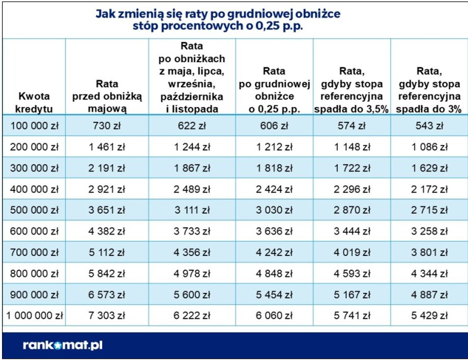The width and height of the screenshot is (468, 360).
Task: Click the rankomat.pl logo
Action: coord(63,345)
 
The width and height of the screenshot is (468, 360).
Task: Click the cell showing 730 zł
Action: coord(107,127)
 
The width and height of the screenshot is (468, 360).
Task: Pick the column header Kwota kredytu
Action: coord(34,102)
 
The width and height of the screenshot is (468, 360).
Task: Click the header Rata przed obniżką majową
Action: coord(107,96)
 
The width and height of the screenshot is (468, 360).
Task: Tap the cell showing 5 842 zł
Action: coord(107,274)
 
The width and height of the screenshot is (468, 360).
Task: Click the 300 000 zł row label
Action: coord(34,169)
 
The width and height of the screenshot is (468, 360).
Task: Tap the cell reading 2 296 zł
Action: coord(352,190)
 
